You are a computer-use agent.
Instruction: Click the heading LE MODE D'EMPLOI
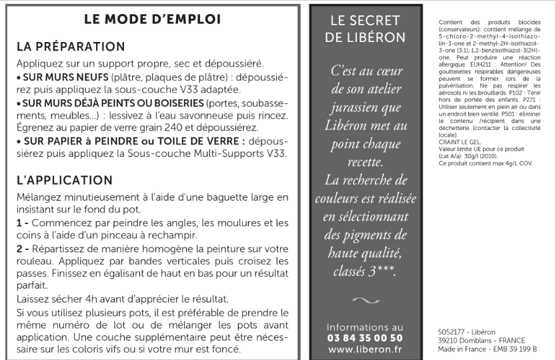click(x=152, y=19)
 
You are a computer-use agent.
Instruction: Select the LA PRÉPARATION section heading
click(x=70, y=47)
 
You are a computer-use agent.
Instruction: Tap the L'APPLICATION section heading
click(x=64, y=180)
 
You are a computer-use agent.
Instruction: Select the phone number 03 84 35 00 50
click(x=365, y=338)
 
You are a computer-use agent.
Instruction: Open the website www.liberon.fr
click(x=365, y=349)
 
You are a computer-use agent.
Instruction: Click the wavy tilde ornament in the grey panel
click(x=365, y=301)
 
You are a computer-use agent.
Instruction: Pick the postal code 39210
click(x=449, y=339)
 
